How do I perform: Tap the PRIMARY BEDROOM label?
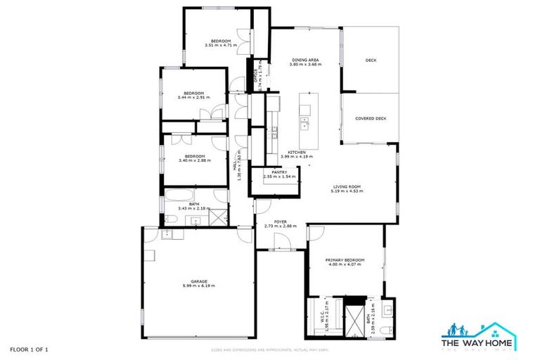[343, 260]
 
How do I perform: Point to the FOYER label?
[280, 221]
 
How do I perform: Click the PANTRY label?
[278, 172]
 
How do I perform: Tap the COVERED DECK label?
[371, 119]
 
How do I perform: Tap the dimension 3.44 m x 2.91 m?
[194, 98]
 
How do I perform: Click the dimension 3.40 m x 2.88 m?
[195, 161]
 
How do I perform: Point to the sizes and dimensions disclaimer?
[269, 349]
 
